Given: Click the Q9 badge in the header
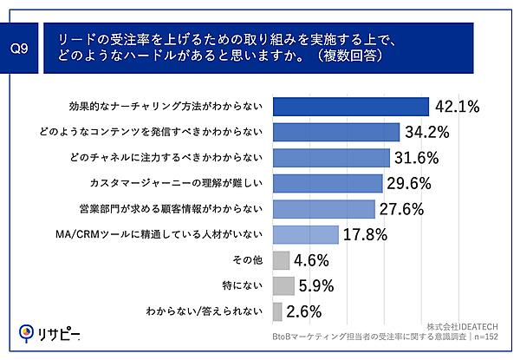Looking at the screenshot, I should point(24,49).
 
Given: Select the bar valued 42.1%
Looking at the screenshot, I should point(351,106).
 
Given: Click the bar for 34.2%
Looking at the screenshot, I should point(336,132).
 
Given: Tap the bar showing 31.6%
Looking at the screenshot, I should point(331,158).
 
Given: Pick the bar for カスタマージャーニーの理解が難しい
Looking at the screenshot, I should point(328,183).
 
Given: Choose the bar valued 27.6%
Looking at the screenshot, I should point(323,209).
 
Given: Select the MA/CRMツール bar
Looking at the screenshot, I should point(305,234).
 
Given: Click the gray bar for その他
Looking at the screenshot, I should point(281,260).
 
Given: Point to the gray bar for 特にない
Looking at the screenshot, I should point(283,285).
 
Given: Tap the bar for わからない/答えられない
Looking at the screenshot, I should point(277,311).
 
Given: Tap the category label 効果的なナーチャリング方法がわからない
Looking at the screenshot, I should point(165,107).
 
